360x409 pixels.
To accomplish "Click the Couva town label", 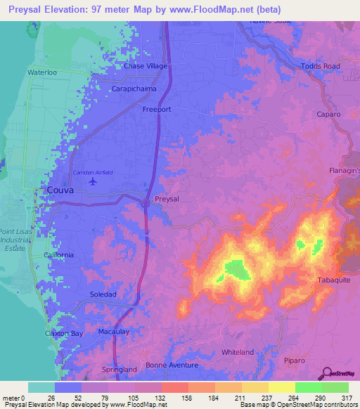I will (60, 190).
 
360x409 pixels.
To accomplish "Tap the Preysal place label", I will (167, 199).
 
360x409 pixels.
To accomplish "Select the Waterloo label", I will (40, 72).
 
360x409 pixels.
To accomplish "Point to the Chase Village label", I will (144, 66).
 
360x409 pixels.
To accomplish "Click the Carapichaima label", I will (134, 89).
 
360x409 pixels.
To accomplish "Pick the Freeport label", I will (157, 110).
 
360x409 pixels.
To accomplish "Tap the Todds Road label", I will (320, 66).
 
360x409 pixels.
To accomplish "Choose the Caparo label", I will (328, 114).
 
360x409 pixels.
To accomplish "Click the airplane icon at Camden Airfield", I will (94, 181).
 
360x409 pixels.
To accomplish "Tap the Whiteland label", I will (237, 351).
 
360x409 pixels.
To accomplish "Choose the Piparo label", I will (295, 361).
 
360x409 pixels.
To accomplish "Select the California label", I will (58, 254).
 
